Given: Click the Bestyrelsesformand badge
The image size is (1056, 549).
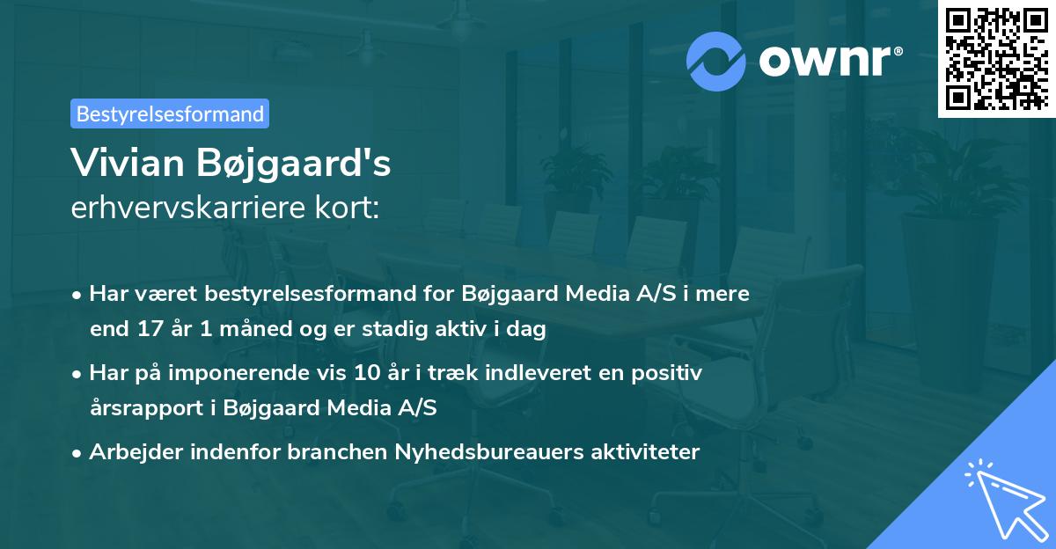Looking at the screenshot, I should point(170,113).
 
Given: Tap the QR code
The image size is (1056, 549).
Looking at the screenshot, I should point(995,58).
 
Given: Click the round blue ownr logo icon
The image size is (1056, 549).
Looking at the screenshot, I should point(716,61).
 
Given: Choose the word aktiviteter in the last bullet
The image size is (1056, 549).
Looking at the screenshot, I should point(649,452).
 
